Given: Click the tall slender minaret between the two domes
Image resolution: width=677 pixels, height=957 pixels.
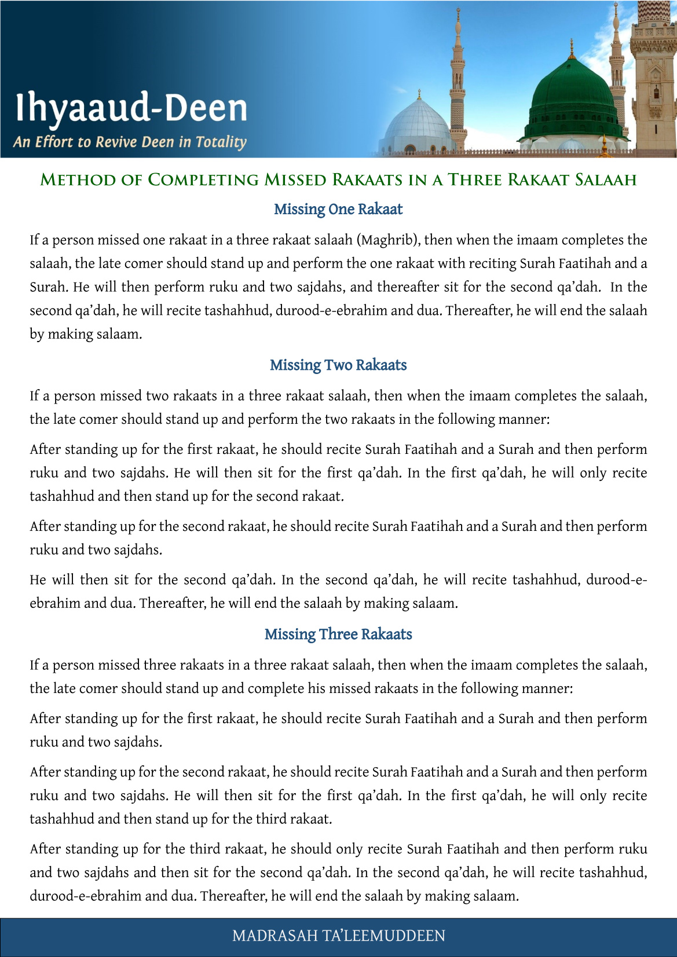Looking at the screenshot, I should click(x=458, y=81).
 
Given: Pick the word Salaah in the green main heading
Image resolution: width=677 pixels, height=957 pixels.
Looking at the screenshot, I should click(x=606, y=179).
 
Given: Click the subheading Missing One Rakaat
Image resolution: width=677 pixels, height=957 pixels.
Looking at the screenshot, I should click(x=338, y=209).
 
